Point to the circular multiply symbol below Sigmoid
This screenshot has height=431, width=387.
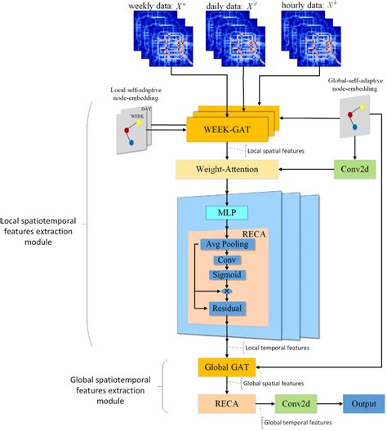point(228,291)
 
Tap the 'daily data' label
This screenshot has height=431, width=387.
point(234,7)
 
